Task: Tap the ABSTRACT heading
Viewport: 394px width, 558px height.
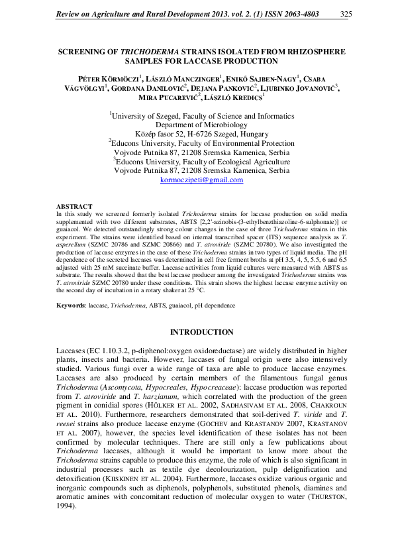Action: [74, 207]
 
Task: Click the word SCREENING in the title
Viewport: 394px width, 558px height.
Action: [83, 50]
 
